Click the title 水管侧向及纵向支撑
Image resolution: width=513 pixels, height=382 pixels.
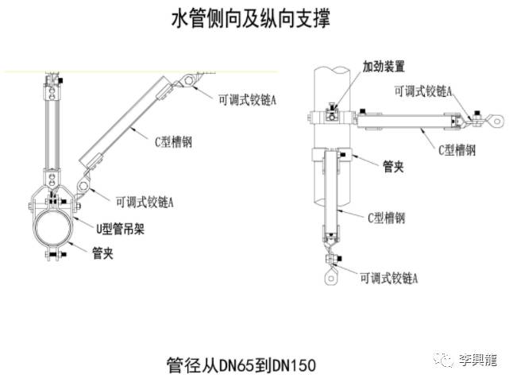point(251,20)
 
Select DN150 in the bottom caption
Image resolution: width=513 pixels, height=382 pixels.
point(294,365)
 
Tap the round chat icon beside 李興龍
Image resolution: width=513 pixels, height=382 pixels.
point(447,361)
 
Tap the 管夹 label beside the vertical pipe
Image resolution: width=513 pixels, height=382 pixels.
point(395,166)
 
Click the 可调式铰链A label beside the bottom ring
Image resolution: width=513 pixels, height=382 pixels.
point(389,278)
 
